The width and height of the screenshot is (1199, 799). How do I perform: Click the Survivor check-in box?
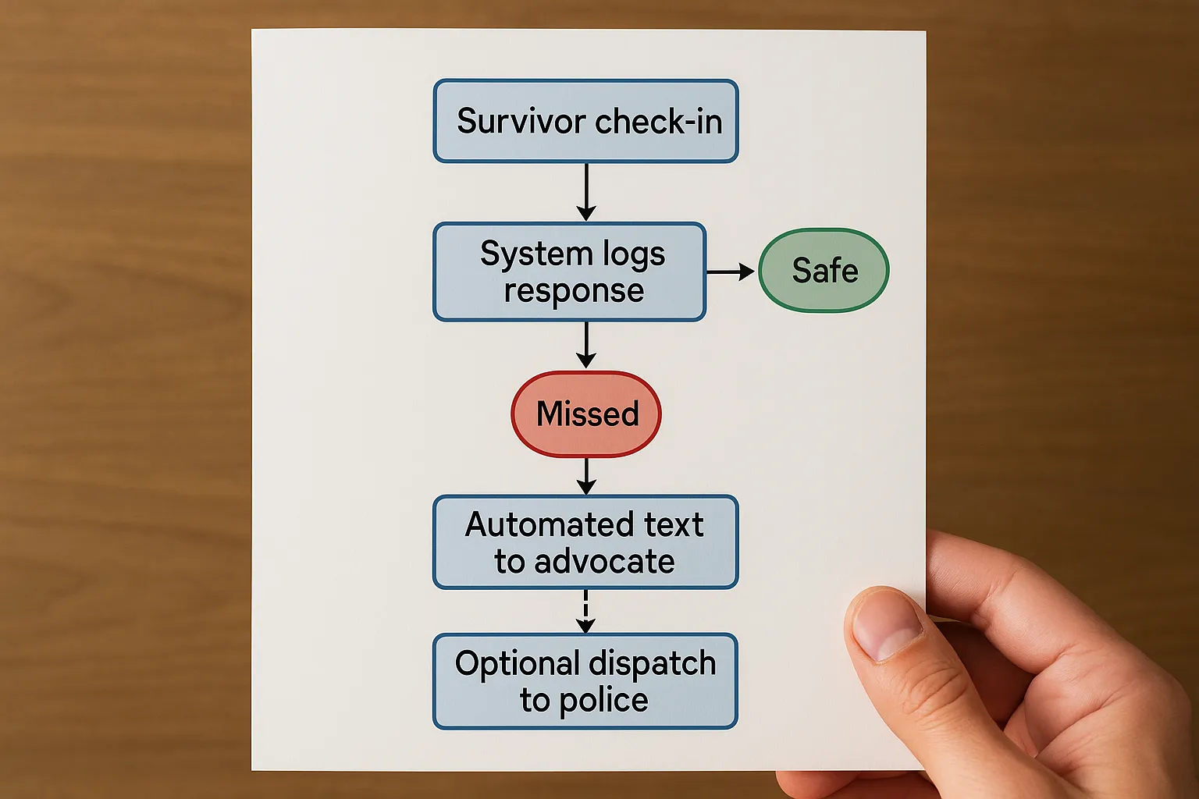click(585, 121)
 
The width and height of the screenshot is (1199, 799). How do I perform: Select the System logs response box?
click(570, 272)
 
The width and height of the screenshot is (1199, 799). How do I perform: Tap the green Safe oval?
click(824, 271)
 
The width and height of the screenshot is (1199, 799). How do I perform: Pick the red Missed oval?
click(586, 414)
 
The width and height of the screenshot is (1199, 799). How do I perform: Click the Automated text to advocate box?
click(585, 542)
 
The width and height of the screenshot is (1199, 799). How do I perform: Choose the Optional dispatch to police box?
click(585, 681)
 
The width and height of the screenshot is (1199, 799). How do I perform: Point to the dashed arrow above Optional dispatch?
click(586, 611)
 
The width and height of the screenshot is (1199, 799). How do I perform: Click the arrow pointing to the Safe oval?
click(731, 272)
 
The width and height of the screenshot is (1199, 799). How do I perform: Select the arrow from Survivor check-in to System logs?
click(586, 192)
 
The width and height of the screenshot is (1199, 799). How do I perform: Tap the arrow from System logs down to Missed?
click(586, 345)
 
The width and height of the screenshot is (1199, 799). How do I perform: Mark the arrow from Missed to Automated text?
click(586, 475)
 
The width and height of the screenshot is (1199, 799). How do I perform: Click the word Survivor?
click(521, 122)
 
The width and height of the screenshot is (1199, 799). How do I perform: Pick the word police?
click(603, 701)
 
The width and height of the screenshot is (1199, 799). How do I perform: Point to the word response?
click(574, 292)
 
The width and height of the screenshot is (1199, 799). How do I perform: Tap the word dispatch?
click(652, 664)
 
